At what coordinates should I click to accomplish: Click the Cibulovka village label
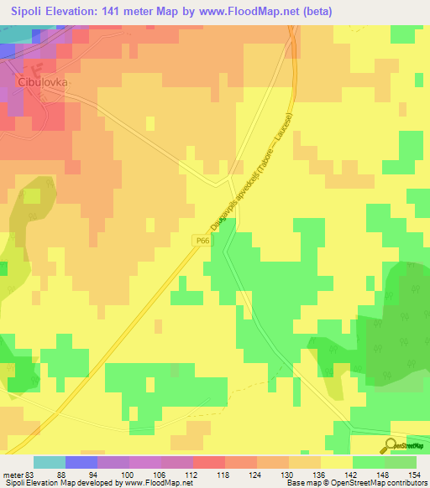pos(41,84)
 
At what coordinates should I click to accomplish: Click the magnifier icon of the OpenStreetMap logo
pos(391,444)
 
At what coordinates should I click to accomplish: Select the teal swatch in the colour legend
pos(50,462)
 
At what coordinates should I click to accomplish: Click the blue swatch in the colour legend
pos(81,462)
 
